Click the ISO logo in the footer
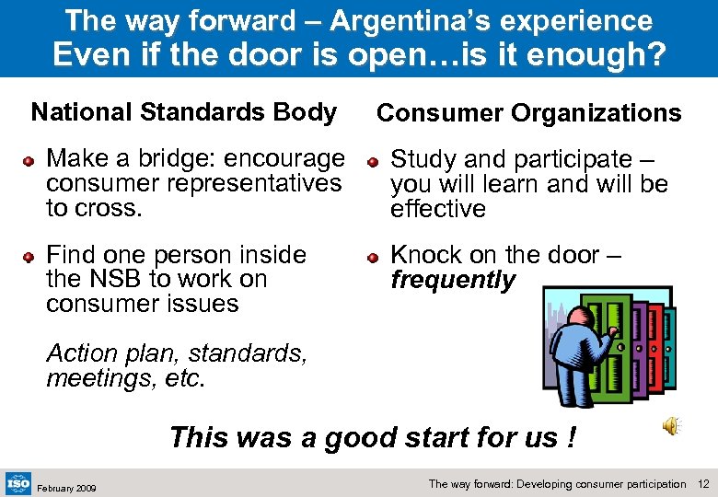[18, 482]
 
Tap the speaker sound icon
[672, 425]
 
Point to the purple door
[635, 341]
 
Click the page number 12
[704, 484]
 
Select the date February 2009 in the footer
[66, 487]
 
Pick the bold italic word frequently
[453, 280]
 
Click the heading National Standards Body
[183, 112]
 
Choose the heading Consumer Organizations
[529, 113]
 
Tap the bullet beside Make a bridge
[29, 161]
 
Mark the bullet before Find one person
[29, 257]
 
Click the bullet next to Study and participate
[373, 162]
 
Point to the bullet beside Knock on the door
[373, 257]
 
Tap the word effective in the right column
[438, 209]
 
